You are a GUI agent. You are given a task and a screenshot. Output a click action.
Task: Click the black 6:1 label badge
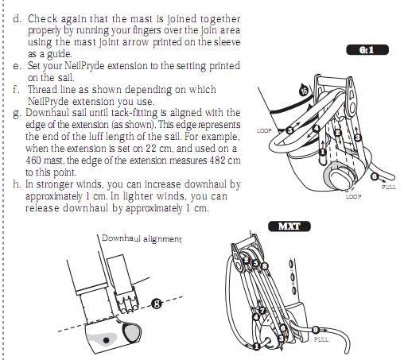pyautogui.click(x=367, y=50)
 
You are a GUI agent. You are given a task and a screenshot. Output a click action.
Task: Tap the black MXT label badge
pyautogui.click(x=289, y=226)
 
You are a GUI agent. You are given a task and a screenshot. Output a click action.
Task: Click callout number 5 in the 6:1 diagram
pyautogui.click(x=289, y=130)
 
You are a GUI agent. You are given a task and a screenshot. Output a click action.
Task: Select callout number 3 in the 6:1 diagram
pyautogui.click(x=358, y=137)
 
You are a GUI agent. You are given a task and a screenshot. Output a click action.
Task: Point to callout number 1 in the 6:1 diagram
pyautogui.click(x=322, y=152)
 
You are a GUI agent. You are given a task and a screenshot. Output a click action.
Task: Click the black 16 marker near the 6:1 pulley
pyautogui.click(x=304, y=91)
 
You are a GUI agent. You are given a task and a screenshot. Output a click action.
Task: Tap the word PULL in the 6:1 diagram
pyautogui.click(x=389, y=187)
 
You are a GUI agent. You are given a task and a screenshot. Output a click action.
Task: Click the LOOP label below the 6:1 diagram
pyautogui.click(x=353, y=196)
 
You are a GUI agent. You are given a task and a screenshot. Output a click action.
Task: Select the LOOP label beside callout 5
pyautogui.click(x=264, y=130)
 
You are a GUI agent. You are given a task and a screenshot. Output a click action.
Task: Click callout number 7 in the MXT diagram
pyautogui.click(x=262, y=310)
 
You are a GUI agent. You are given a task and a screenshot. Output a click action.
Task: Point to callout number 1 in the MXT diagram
pyautogui.click(x=256, y=346)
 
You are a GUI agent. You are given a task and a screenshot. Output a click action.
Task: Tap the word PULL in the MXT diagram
pyautogui.click(x=321, y=339)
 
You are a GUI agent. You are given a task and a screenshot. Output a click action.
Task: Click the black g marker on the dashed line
pyautogui.click(x=157, y=304)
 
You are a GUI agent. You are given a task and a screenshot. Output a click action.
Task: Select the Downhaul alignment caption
pyautogui.click(x=142, y=238)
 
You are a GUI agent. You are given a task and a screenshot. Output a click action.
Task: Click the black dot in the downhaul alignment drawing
pyautogui.click(x=106, y=340)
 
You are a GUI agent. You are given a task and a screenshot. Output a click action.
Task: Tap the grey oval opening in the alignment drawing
pyautogui.click(x=132, y=333)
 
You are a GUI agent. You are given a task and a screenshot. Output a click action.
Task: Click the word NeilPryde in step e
pyautogui.click(x=85, y=66)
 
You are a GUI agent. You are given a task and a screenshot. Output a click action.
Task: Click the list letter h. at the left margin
pyautogui.click(x=17, y=184)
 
